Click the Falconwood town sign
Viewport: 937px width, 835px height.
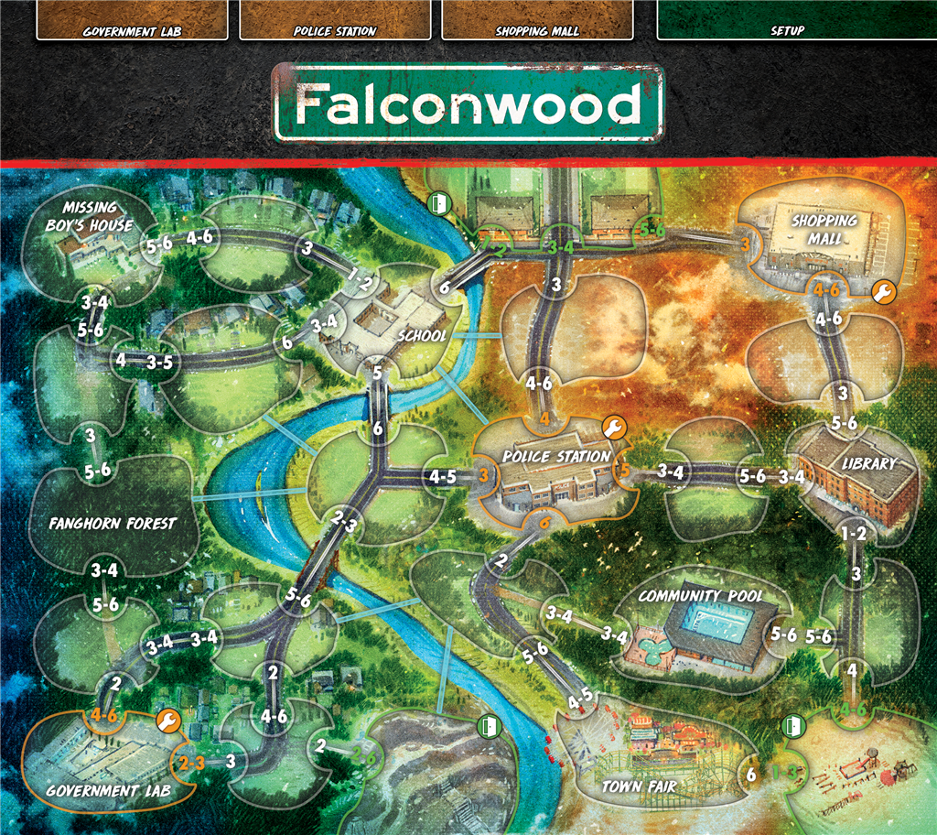pos(468,104)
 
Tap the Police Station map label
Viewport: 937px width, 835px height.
pos(555,456)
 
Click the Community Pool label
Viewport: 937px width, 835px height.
pos(700,596)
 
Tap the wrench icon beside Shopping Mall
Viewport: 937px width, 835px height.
pos(883,292)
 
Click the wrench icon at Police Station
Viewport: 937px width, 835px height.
pos(614,427)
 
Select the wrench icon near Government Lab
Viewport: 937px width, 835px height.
pos(167,721)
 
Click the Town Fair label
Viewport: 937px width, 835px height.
pos(639,786)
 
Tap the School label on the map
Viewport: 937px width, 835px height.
pos(421,336)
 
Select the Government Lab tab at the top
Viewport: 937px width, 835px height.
pos(132,30)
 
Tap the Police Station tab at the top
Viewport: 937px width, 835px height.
pos(335,30)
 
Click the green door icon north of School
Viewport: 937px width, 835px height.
pos(438,202)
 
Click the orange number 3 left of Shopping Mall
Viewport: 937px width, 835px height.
pos(745,244)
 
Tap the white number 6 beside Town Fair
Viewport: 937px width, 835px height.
pos(751,775)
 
